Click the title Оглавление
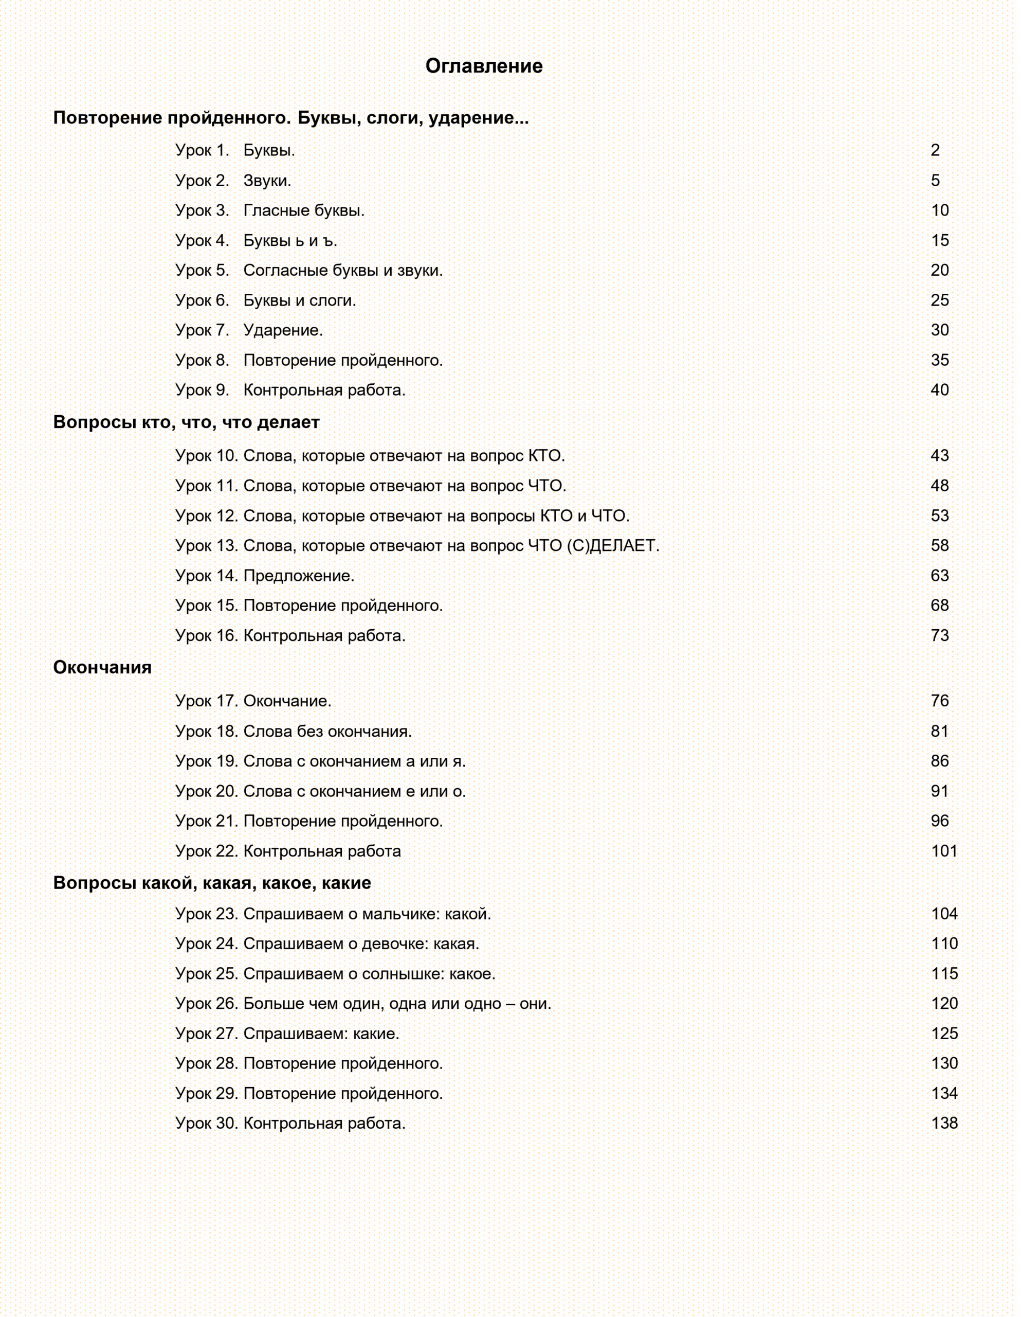pyautogui.click(x=484, y=66)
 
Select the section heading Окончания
pyautogui.click(x=102, y=668)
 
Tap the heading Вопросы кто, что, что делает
pyautogui.click(x=186, y=422)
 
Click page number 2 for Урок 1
pyautogui.click(x=935, y=150)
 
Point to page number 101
pyautogui.click(x=944, y=851)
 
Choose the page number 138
pyautogui.click(x=944, y=1123)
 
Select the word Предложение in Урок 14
pyautogui.click(x=298, y=576)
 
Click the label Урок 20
pyautogui.click(x=207, y=791)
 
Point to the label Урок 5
pyautogui.click(x=202, y=270)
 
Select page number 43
pyautogui.click(x=940, y=456)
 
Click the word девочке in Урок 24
pyautogui.click(x=395, y=944)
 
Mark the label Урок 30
pyautogui.click(x=207, y=1123)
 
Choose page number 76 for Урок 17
pyautogui.click(x=940, y=701)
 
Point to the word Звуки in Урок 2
pyautogui.click(x=266, y=180)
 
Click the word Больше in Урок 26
pyautogui.click(x=274, y=1003)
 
